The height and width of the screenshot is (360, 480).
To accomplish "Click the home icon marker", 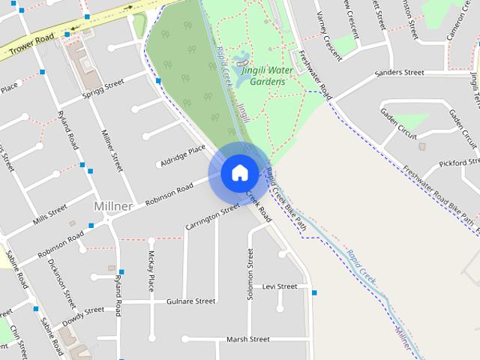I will coord(239,173).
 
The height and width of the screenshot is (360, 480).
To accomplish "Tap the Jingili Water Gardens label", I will coord(268,75).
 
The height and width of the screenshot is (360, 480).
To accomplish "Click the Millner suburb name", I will coord(113,205).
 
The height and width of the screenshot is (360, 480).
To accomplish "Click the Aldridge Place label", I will coord(182,156).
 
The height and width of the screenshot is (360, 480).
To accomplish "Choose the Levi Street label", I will coord(280,286).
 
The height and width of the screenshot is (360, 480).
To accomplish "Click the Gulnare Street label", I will coord(190,301).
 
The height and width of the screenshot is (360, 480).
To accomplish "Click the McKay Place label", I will coord(151,272).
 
